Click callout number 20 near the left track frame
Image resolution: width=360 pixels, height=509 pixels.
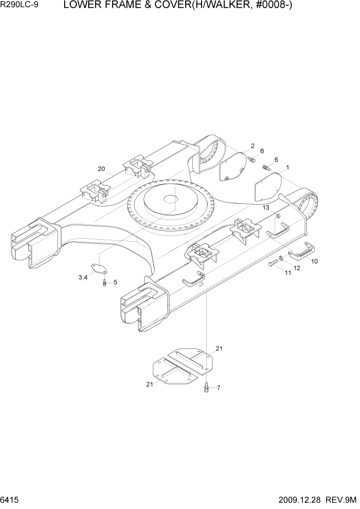point(101,169)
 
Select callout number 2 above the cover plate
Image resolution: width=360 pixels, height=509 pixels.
point(252,146)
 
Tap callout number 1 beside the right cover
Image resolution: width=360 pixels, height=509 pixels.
point(288,167)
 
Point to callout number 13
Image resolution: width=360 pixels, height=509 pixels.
point(266,207)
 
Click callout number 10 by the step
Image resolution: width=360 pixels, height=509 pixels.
point(314,261)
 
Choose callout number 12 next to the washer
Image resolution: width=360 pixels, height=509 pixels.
point(296,267)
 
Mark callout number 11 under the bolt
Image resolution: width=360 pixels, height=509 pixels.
point(288,273)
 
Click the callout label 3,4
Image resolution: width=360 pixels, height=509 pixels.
point(83,278)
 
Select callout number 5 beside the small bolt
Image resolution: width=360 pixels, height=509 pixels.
point(115,282)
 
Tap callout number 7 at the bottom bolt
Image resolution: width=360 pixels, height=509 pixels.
point(218,387)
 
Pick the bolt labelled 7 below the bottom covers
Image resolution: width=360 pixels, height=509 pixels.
point(206,387)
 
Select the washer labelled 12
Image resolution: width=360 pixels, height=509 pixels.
point(282,258)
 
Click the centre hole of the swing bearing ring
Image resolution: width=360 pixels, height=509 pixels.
point(169,198)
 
